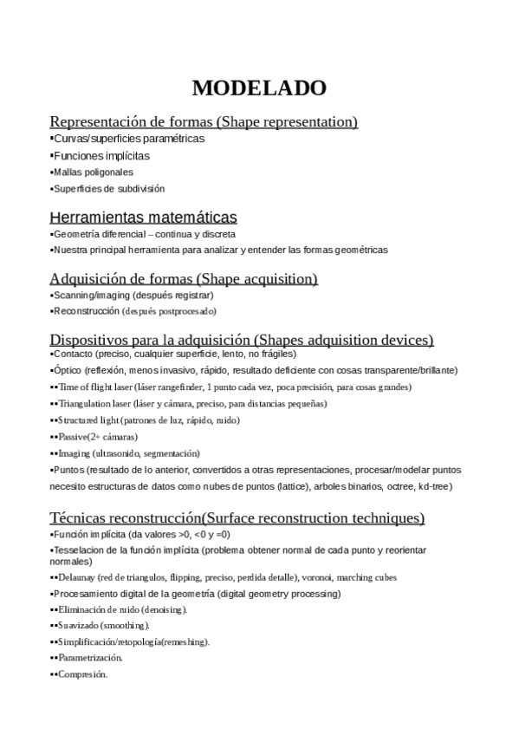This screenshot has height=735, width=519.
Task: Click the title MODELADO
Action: click(259, 88)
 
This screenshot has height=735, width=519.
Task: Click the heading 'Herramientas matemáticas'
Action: click(144, 217)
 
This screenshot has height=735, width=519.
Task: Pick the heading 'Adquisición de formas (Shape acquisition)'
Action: click(184, 278)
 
